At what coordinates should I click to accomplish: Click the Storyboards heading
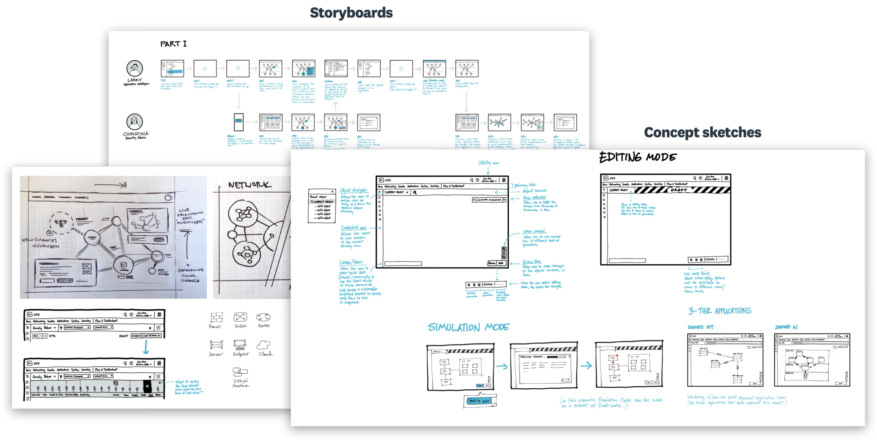tap(351, 13)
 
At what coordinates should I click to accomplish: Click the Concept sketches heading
tap(703, 133)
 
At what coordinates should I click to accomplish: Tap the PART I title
tap(173, 44)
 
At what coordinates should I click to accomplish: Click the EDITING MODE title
tap(638, 158)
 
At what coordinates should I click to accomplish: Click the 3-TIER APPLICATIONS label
tap(720, 311)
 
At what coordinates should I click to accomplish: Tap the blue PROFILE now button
tap(479, 401)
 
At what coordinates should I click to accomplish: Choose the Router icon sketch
tap(263, 317)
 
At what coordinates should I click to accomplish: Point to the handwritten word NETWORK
tap(250, 185)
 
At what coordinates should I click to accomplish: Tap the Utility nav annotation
tap(489, 163)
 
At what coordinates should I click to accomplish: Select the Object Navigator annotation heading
tap(354, 191)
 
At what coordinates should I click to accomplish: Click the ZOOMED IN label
tap(786, 327)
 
